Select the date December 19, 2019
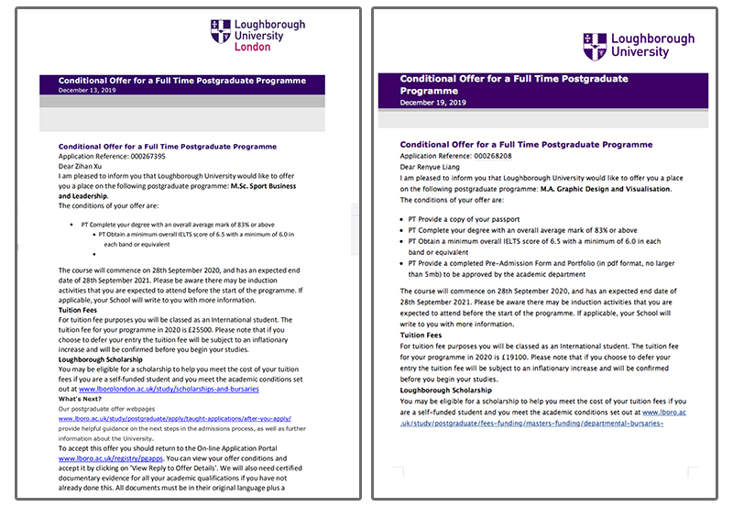pos(433,103)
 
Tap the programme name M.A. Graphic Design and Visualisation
pos(618,189)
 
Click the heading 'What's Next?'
pos(81,399)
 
